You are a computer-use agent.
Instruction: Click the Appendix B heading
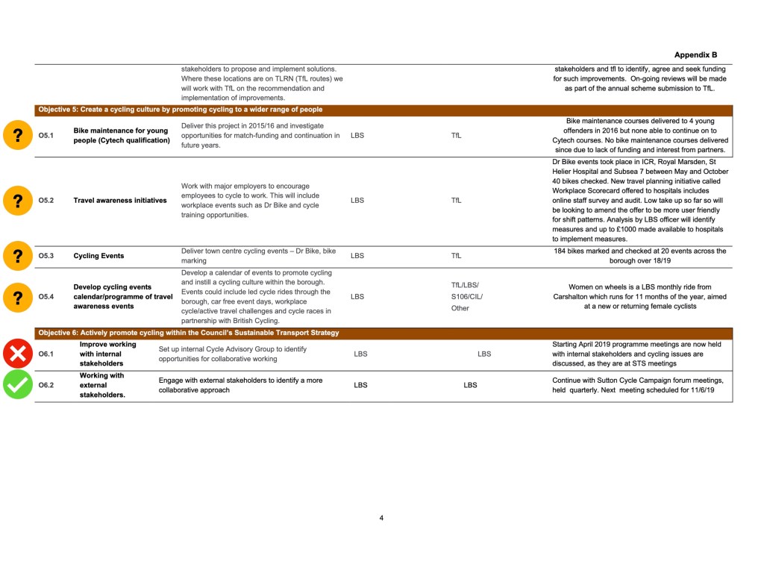tap(695, 55)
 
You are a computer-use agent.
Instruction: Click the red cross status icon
tap(16, 354)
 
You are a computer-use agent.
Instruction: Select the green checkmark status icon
tap(16, 385)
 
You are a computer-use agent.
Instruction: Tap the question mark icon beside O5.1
tap(16, 136)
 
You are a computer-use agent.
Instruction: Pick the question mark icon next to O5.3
tap(16, 256)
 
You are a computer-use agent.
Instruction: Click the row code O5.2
tap(46, 201)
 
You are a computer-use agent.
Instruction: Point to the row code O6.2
tap(46, 385)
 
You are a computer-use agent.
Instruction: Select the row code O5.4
tap(46, 296)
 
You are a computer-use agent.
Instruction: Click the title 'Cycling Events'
tap(98, 256)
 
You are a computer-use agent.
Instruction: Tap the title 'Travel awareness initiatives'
tap(120, 201)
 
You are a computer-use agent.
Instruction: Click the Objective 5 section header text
tap(181, 110)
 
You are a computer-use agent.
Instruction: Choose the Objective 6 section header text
tap(188, 333)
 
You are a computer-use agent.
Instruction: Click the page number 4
tap(381, 518)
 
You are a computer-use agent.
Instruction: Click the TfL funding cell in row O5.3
tap(457, 256)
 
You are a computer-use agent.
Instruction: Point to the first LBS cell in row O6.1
tap(360, 354)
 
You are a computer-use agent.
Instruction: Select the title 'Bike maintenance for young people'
tap(122, 135)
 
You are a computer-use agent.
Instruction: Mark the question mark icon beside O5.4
tap(16, 296)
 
